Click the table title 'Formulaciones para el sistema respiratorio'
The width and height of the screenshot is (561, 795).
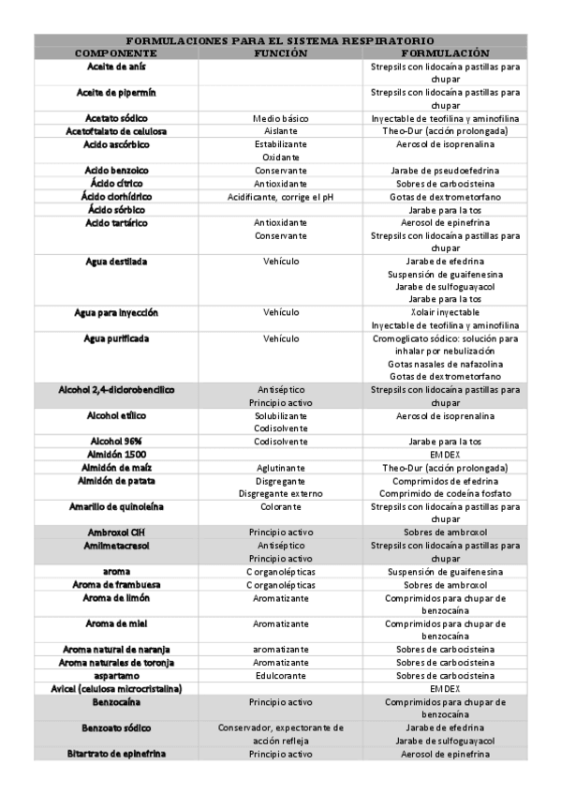(x=280, y=40)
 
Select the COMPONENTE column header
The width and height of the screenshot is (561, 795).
(x=115, y=53)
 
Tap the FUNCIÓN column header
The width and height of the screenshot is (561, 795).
(x=281, y=53)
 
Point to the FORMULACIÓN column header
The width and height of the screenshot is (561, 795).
(x=445, y=53)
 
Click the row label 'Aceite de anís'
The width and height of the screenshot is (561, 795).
(x=115, y=67)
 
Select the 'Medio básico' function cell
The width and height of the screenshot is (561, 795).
(x=281, y=119)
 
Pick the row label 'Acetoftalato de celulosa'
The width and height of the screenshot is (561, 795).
(x=115, y=132)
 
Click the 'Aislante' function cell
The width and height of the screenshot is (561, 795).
(x=281, y=132)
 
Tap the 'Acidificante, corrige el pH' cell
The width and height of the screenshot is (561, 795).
(x=281, y=197)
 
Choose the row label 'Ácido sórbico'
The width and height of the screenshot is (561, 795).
(x=115, y=210)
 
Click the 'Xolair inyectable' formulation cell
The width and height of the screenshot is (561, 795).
(x=445, y=312)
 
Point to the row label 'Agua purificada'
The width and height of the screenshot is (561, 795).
(x=115, y=337)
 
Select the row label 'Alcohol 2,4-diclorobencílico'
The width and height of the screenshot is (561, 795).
(x=115, y=389)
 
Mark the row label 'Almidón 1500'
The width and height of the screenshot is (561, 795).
(x=115, y=454)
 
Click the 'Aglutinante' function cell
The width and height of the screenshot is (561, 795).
(x=281, y=467)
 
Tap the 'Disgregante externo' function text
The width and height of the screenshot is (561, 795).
(x=281, y=493)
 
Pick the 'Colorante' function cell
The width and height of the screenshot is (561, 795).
(x=281, y=506)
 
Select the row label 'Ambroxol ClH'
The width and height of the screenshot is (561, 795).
(x=115, y=532)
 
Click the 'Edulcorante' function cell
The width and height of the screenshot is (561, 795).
(x=281, y=675)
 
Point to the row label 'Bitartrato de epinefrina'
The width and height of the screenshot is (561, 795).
(x=115, y=753)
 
